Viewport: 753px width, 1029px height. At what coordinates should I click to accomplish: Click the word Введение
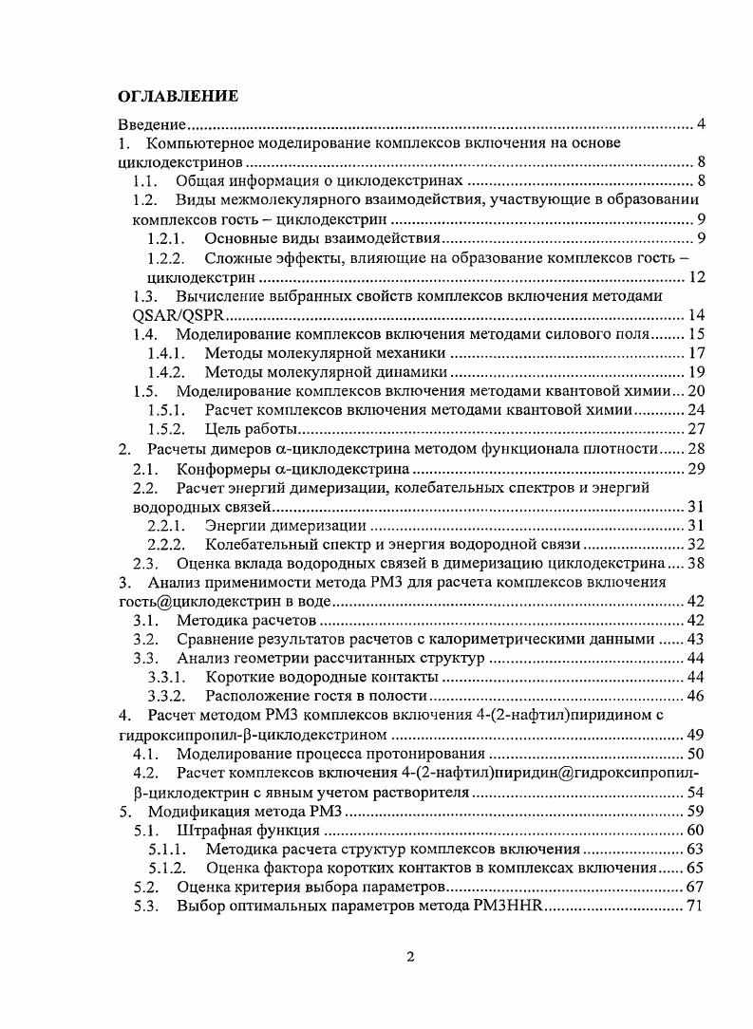pyautogui.click(x=150, y=124)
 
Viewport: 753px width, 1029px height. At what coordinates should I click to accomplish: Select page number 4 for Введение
pyautogui.click(x=700, y=124)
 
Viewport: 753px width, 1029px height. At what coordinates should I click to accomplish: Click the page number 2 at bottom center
pyautogui.click(x=409, y=956)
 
